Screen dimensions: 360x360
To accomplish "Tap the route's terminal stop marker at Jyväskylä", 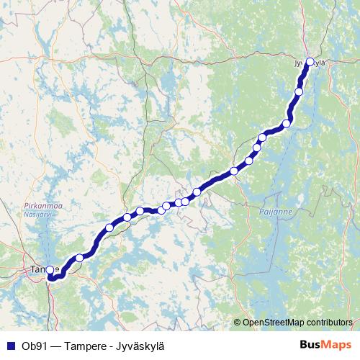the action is point(310,62).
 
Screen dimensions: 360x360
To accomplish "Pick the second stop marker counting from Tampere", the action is point(79,257).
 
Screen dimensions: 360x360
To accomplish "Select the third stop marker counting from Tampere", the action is point(109,228).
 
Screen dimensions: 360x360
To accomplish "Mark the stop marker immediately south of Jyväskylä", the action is point(299,91).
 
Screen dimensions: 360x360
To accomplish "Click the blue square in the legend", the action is point(9,346).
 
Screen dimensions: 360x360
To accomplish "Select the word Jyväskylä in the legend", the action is point(137,346).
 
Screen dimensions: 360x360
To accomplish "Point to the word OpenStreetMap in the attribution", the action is point(274,322).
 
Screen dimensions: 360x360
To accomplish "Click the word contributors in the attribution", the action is point(330,322).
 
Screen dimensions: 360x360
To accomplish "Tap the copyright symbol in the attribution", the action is point(237,322).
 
